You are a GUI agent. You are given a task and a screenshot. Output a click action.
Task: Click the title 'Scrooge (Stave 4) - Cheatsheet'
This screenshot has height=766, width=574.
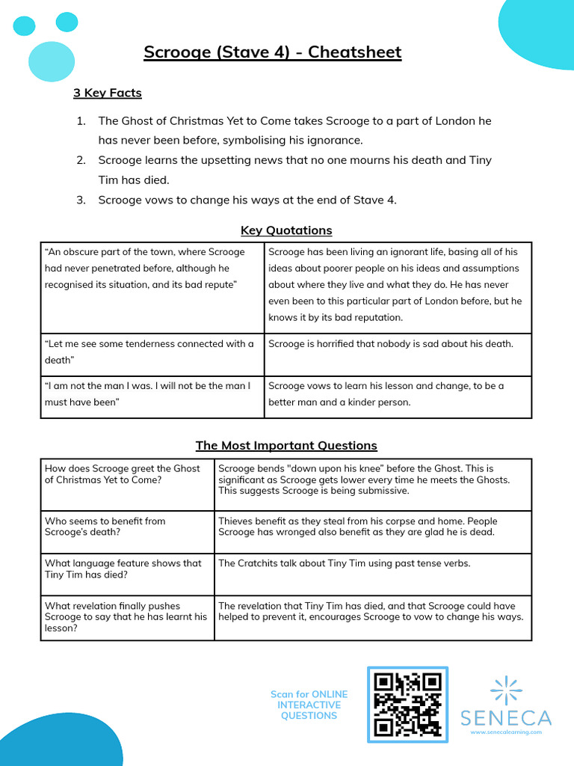point(272,52)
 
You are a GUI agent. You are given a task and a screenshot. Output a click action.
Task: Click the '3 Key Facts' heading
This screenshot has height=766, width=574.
point(107,93)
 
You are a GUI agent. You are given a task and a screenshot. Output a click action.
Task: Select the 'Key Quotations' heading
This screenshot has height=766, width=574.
point(286,230)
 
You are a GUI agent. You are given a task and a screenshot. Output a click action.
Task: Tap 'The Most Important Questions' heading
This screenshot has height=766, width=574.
point(286,446)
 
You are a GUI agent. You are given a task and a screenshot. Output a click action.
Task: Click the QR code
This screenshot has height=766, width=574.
point(407,703)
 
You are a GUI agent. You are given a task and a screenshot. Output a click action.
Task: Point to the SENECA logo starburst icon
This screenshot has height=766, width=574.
point(506,690)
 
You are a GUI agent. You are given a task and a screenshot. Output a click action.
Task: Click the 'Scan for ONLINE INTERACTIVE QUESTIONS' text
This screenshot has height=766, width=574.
point(309,705)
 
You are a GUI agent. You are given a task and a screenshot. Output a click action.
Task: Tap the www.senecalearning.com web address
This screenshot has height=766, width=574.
point(506,732)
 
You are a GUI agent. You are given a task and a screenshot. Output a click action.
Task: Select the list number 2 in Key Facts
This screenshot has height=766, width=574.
point(81,160)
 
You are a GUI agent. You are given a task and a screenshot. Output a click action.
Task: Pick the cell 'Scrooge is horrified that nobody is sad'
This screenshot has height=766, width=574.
point(391,344)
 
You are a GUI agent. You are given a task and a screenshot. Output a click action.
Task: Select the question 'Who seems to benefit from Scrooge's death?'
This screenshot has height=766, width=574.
point(105,527)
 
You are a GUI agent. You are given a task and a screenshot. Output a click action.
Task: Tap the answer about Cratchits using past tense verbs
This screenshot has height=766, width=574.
point(345,563)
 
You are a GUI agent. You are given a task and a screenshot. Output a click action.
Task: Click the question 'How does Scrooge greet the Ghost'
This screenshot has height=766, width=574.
point(123,474)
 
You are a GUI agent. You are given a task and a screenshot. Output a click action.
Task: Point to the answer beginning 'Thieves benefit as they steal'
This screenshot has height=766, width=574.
point(358,527)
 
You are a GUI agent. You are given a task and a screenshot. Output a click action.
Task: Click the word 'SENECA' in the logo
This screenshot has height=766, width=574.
point(506,718)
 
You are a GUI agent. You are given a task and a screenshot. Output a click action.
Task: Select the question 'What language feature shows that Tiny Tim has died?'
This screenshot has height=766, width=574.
point(123,569)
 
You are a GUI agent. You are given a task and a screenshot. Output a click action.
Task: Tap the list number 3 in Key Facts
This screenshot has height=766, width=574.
point(81,199)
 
